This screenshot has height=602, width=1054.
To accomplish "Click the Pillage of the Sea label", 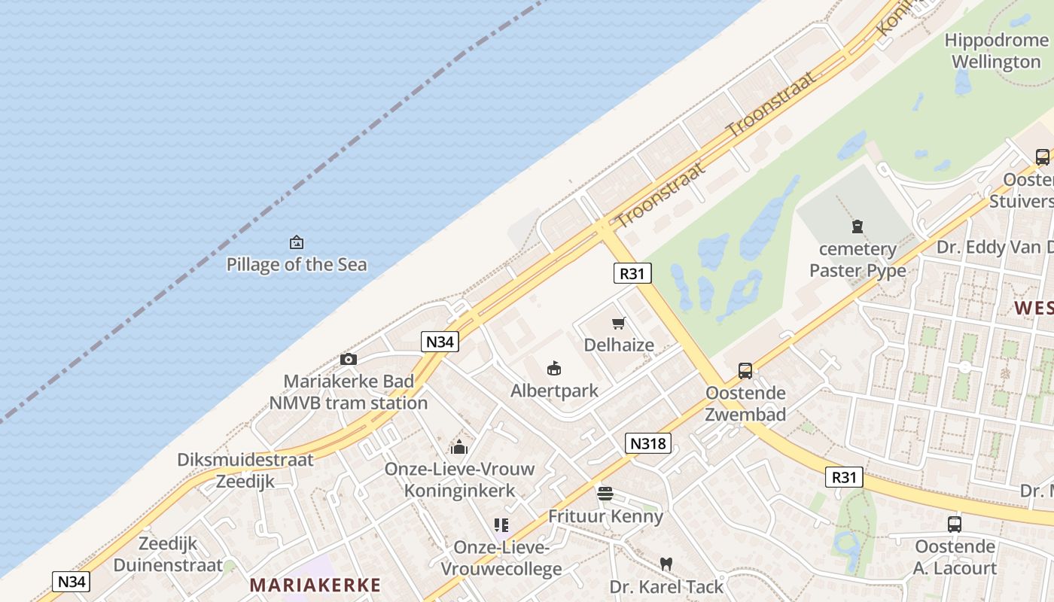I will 297,264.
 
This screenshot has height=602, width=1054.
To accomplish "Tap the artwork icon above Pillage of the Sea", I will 297,242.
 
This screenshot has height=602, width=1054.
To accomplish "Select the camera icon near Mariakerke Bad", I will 349,359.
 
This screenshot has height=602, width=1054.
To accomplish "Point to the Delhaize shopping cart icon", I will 619,324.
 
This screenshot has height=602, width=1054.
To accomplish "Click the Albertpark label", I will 554,391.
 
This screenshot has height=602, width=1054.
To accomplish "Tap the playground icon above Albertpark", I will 554,368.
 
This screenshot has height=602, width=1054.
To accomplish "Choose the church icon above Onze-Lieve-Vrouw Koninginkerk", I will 459,447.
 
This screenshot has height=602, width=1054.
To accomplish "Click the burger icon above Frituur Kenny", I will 605,494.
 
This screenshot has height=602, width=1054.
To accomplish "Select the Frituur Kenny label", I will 605,516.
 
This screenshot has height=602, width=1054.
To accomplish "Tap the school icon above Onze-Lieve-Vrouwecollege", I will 501,525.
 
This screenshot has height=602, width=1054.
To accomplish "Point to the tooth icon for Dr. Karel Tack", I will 666,564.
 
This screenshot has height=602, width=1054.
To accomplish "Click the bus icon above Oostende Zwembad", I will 745,370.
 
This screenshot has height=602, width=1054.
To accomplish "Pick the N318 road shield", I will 647,443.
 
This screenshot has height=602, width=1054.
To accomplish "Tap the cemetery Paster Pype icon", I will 857,226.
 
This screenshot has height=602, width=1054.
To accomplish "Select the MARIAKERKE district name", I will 315,585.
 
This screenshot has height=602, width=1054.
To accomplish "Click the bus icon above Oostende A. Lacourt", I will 955,524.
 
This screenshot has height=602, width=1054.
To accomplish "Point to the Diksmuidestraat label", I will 245,460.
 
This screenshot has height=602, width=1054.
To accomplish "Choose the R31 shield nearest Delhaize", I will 632,273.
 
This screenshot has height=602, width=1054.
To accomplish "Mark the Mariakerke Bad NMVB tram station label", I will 349,392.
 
